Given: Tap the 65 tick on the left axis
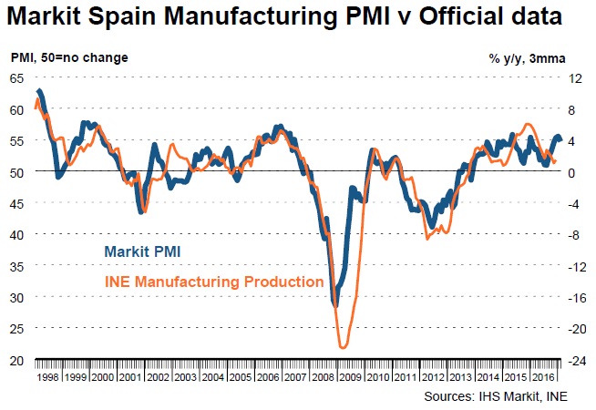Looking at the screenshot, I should coord(16,78).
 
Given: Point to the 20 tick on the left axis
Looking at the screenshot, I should coord(16,360).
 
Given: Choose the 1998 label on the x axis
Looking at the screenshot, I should coord(46,374).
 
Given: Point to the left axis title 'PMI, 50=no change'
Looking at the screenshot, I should coord(69,57).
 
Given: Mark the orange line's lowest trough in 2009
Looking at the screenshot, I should coord(343,347).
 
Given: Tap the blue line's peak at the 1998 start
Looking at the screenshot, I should coord(39,91).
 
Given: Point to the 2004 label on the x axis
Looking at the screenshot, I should coord(214,374).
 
